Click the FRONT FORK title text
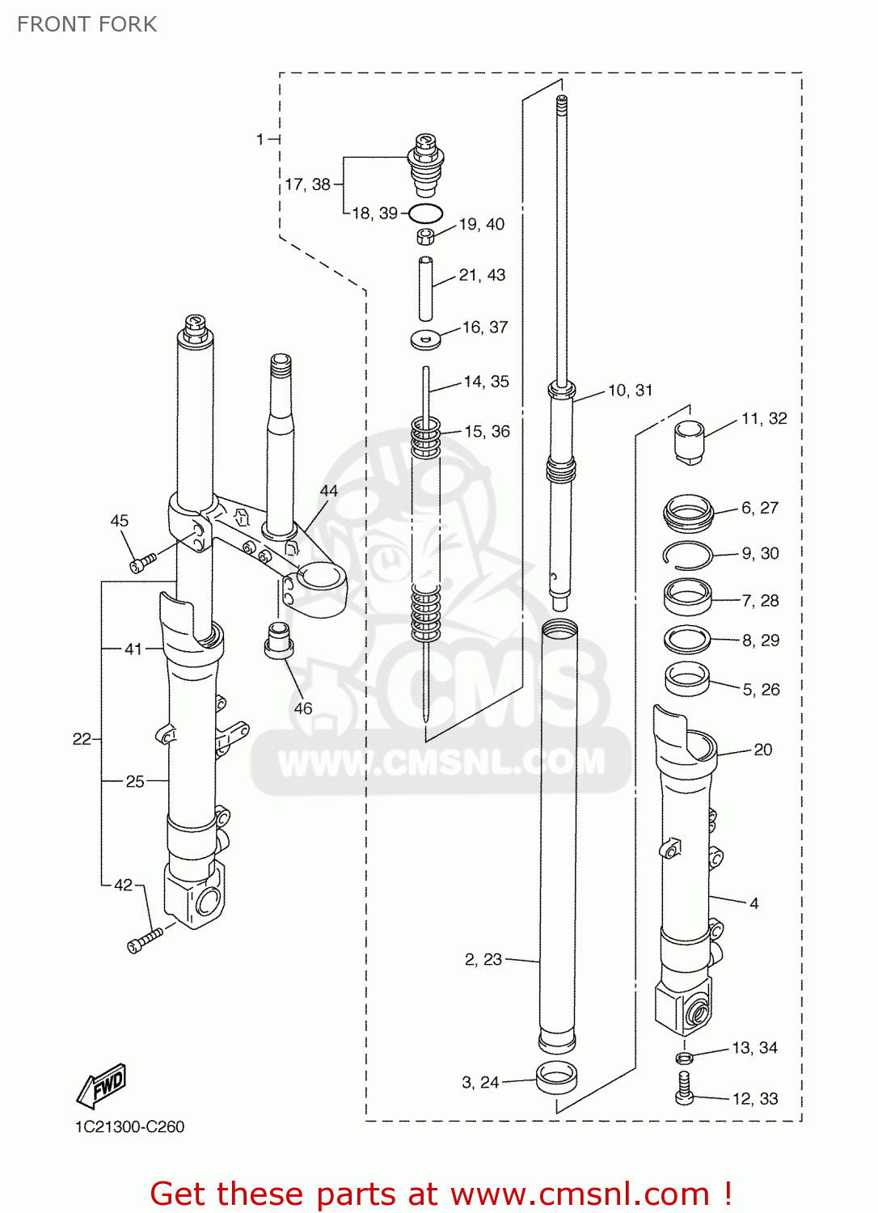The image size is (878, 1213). pyautogui.click(x=87, y=24)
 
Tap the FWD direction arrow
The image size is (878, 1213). pyautogui.click(x=103, y=1085)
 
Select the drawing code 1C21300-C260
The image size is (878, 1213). pyautogui.click(x=129, y=1126)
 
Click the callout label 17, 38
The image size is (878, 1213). pyautogui.click(x=307, y=184)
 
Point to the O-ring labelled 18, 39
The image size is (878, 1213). pyautogui.click(x=425, y=214)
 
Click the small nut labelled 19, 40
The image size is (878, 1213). pyautogui.click(x=426, y=236)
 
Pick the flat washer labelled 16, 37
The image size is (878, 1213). pyautogui.click(x=426, y=339)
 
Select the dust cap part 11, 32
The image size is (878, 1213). pyautogui.click(x=689, y=442)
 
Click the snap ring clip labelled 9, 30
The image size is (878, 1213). pyautogui.click(x=688, y=555)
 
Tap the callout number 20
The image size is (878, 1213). pyautogui.click(x=762, y=750)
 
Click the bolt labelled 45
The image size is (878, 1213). pyautogui.click(x=143, y=563)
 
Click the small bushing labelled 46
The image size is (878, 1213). pyautogui.click(x=279, y=640)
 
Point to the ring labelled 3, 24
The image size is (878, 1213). pyautogui.click(x=557, y=1078)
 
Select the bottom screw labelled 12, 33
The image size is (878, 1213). pyautogui.click(x=684, y=1088)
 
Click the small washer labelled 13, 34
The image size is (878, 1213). pyautogui.click(x=685, y=1058)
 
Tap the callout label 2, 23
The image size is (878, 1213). pyautogui.click(x=483, y=959)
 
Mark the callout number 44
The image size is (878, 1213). pyautogui.click(x=329, y=491)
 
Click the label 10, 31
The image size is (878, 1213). pyautogui.click(x=630, y=391)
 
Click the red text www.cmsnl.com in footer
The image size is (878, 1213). pyautogui.click(x=579, y=1194)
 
